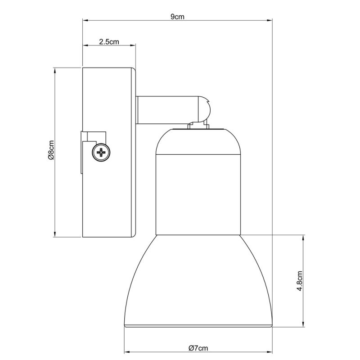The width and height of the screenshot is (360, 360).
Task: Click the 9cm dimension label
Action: tap(177, 17)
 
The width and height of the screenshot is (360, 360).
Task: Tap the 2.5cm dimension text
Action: tap(109, 42)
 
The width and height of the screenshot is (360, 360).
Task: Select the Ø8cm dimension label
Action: tap(51, 152)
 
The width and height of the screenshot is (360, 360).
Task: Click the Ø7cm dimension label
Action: tap(198, 348)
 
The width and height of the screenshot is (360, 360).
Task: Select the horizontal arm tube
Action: tap(166, 110)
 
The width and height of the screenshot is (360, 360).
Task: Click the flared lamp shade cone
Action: tap(198, 279)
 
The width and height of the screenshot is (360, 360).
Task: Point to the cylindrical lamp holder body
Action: tap(198, 193)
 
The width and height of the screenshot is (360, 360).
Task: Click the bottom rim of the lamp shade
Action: tap(198, 325)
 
